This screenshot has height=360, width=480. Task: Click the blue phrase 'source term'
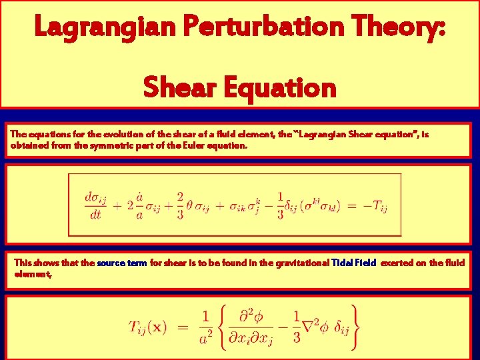pyautogui.click(x=122, y=263)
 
